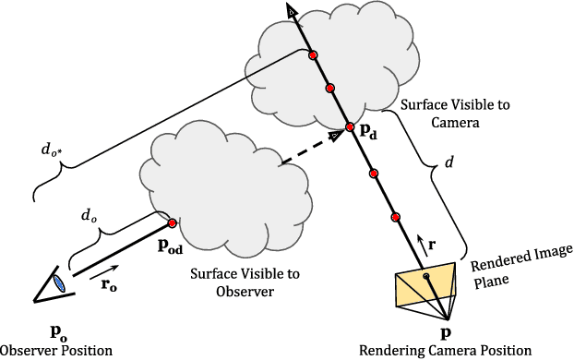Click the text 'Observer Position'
tap(56, 351)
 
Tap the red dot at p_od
tap(172, 222)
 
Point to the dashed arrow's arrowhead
tap(336, 135)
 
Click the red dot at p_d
tap(351, 127)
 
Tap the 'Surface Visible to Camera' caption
tap(441, 113)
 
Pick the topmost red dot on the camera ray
tap(313, 56)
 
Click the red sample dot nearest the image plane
tap(395, 218)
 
